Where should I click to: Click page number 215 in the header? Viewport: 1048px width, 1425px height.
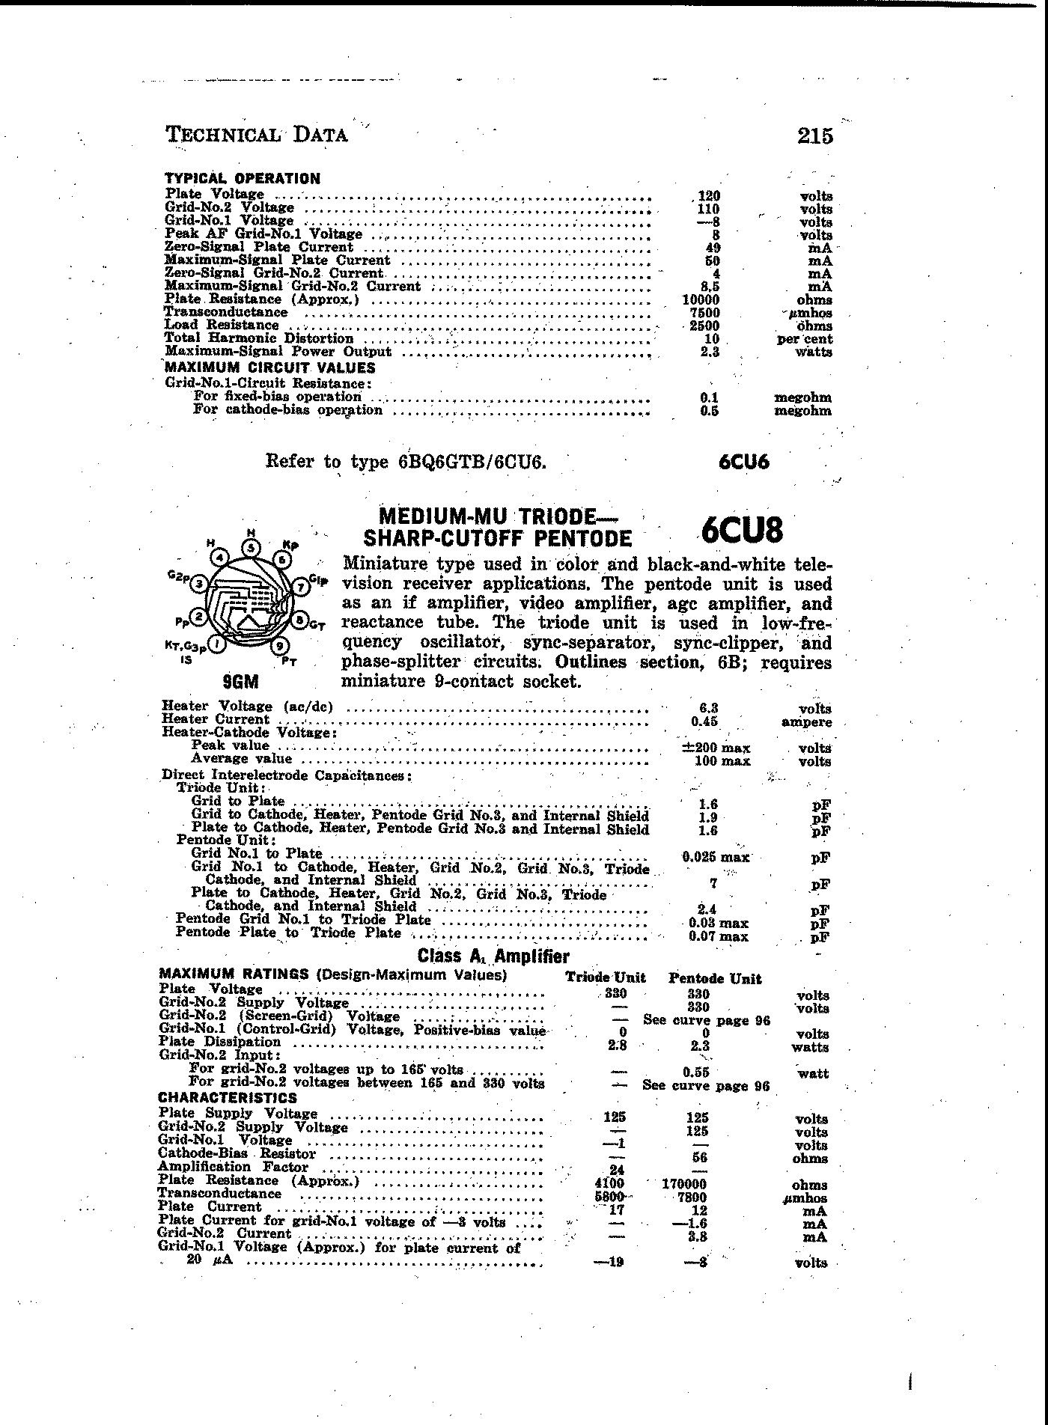coord(815,135)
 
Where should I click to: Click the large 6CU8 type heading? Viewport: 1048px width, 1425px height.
coord(743,531)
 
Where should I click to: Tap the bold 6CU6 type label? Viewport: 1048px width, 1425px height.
coord(743,462)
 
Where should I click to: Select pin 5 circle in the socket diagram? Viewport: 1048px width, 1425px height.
coord(252,547)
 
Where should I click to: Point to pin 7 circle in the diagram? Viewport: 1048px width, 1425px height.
coord(299,588)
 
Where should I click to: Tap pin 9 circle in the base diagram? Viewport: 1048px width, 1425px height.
coord(279,645)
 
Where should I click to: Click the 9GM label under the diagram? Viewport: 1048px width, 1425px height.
coord(241,682)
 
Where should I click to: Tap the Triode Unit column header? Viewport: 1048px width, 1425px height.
coord(605,978)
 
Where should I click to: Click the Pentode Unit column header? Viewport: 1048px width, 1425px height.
coord(714,978)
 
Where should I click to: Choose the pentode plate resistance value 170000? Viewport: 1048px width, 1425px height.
coord(683,1185)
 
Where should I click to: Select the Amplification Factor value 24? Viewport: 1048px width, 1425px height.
coord(617,1171)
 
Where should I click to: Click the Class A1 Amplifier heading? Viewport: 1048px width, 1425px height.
coord(493,956)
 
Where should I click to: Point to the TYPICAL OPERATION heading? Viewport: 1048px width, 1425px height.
coord(242,179)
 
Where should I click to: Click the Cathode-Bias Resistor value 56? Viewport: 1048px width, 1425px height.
coord(699,1158)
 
